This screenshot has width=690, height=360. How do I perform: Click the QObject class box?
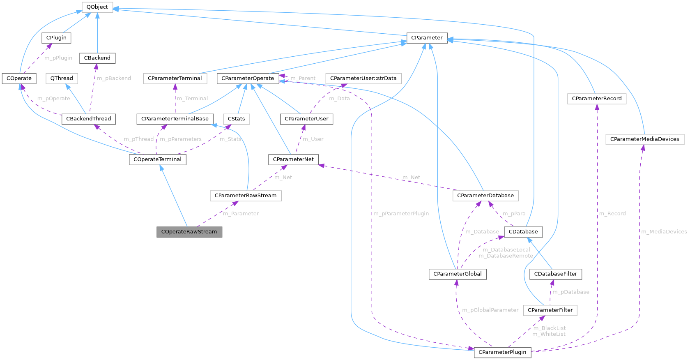(97, 7)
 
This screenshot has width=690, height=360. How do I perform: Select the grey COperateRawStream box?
(189, 232)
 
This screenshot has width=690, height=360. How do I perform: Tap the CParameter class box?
(427, 38)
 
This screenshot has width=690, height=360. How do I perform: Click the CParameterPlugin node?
(502, 352)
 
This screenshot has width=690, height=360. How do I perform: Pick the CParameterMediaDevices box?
(644, 139)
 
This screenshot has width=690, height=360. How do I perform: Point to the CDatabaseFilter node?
(555, 274)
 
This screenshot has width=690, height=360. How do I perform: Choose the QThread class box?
(62, 78)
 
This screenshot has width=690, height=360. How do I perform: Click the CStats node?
(236, 119)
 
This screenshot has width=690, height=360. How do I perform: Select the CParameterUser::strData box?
(363, 78)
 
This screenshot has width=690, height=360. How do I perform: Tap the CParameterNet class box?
(293, 159)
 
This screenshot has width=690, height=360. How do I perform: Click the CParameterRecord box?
(596, 99)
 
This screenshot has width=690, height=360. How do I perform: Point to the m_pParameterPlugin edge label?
(401, 214)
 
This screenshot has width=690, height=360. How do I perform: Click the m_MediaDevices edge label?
(664, 232)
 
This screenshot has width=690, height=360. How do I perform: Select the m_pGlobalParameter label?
(490, 310)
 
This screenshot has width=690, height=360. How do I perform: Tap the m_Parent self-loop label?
(303, 78)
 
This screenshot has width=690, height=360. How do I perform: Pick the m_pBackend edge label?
(114, 78)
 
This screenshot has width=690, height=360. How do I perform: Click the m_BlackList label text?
(549, 328)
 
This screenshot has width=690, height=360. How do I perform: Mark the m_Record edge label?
(612, 214)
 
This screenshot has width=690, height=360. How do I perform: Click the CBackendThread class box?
(88, 119)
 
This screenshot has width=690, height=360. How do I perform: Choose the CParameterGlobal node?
(457, 274)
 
